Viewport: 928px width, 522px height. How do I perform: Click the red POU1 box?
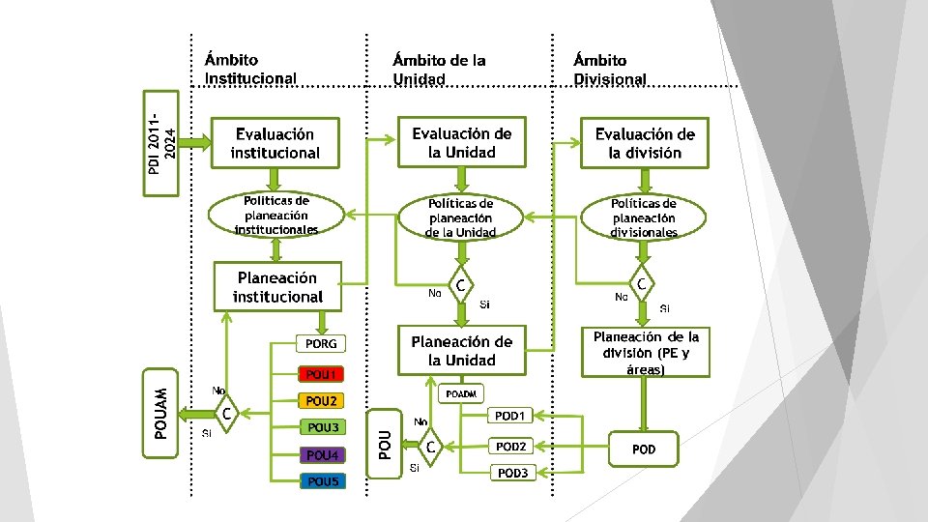320,374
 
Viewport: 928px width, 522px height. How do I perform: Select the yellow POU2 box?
320,401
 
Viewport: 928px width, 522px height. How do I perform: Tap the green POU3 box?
321,427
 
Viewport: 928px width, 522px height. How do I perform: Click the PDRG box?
320,343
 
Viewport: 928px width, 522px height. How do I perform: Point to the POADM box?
462,394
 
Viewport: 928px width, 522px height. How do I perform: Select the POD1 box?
509,416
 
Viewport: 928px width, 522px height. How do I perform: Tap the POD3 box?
511,473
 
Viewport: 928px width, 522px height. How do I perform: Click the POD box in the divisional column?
643,449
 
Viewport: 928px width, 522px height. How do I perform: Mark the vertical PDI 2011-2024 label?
161,142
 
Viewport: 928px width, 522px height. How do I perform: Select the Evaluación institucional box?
275,143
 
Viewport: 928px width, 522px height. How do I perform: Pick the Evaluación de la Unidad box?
461,142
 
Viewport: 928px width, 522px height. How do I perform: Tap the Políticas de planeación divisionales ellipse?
644,217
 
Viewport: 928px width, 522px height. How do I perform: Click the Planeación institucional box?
277,287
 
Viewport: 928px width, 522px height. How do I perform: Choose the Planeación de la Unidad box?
461,350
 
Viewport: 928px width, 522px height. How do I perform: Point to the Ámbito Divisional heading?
609,70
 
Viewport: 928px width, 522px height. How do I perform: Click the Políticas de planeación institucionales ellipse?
276,216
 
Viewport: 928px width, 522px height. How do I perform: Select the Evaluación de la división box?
644,143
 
